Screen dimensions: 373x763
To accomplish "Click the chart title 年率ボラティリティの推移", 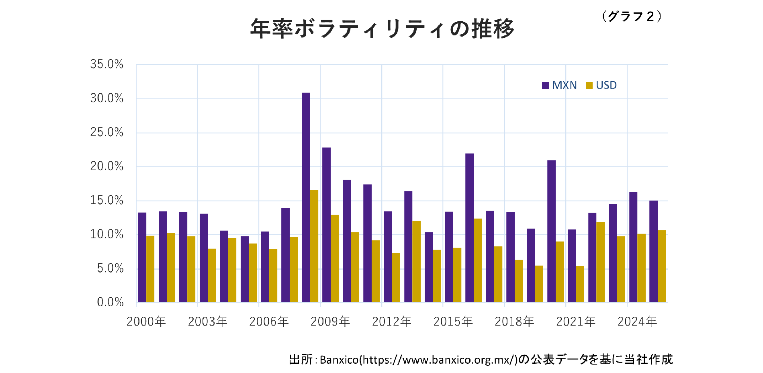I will pyautogui.click(x=382, y=29).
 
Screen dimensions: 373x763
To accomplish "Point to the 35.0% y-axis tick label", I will pyautogui.click(x=107, y=64).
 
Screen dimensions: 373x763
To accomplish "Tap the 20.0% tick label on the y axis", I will pyautogui.click(x=107, y=166).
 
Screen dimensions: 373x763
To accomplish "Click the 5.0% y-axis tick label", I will pyautogui.click(x=110, y=268).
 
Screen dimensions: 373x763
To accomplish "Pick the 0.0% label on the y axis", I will pyautogui.click(x=110, y=302).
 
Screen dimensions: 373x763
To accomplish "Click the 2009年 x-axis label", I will pyautogui.click(x=330, y=322).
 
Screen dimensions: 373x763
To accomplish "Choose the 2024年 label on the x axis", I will pyautogui.click(x=637, y=322).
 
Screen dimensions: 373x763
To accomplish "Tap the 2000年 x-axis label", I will pyautogui.click(x=146, y=322).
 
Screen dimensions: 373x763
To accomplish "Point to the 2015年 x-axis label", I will pyautogui.click(x=453, y=322).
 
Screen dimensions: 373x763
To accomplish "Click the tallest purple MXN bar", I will pyautogui.click(x=306, y=197).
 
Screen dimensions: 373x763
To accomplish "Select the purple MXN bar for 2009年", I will pyautogui.click(x=326, y=225).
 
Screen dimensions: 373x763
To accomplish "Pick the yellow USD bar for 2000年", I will pyautogui.click(x=150, y=269).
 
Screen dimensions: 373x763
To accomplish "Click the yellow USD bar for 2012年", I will pyautogui.click(x=396, y=278).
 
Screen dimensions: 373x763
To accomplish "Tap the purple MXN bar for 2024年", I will pyautogui.click(x=633, y=247).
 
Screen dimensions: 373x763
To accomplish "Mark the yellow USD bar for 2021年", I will pyautogui.click(x=580, y=284).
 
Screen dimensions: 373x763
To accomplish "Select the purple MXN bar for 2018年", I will pyautogui.click(x=510, y=257).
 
